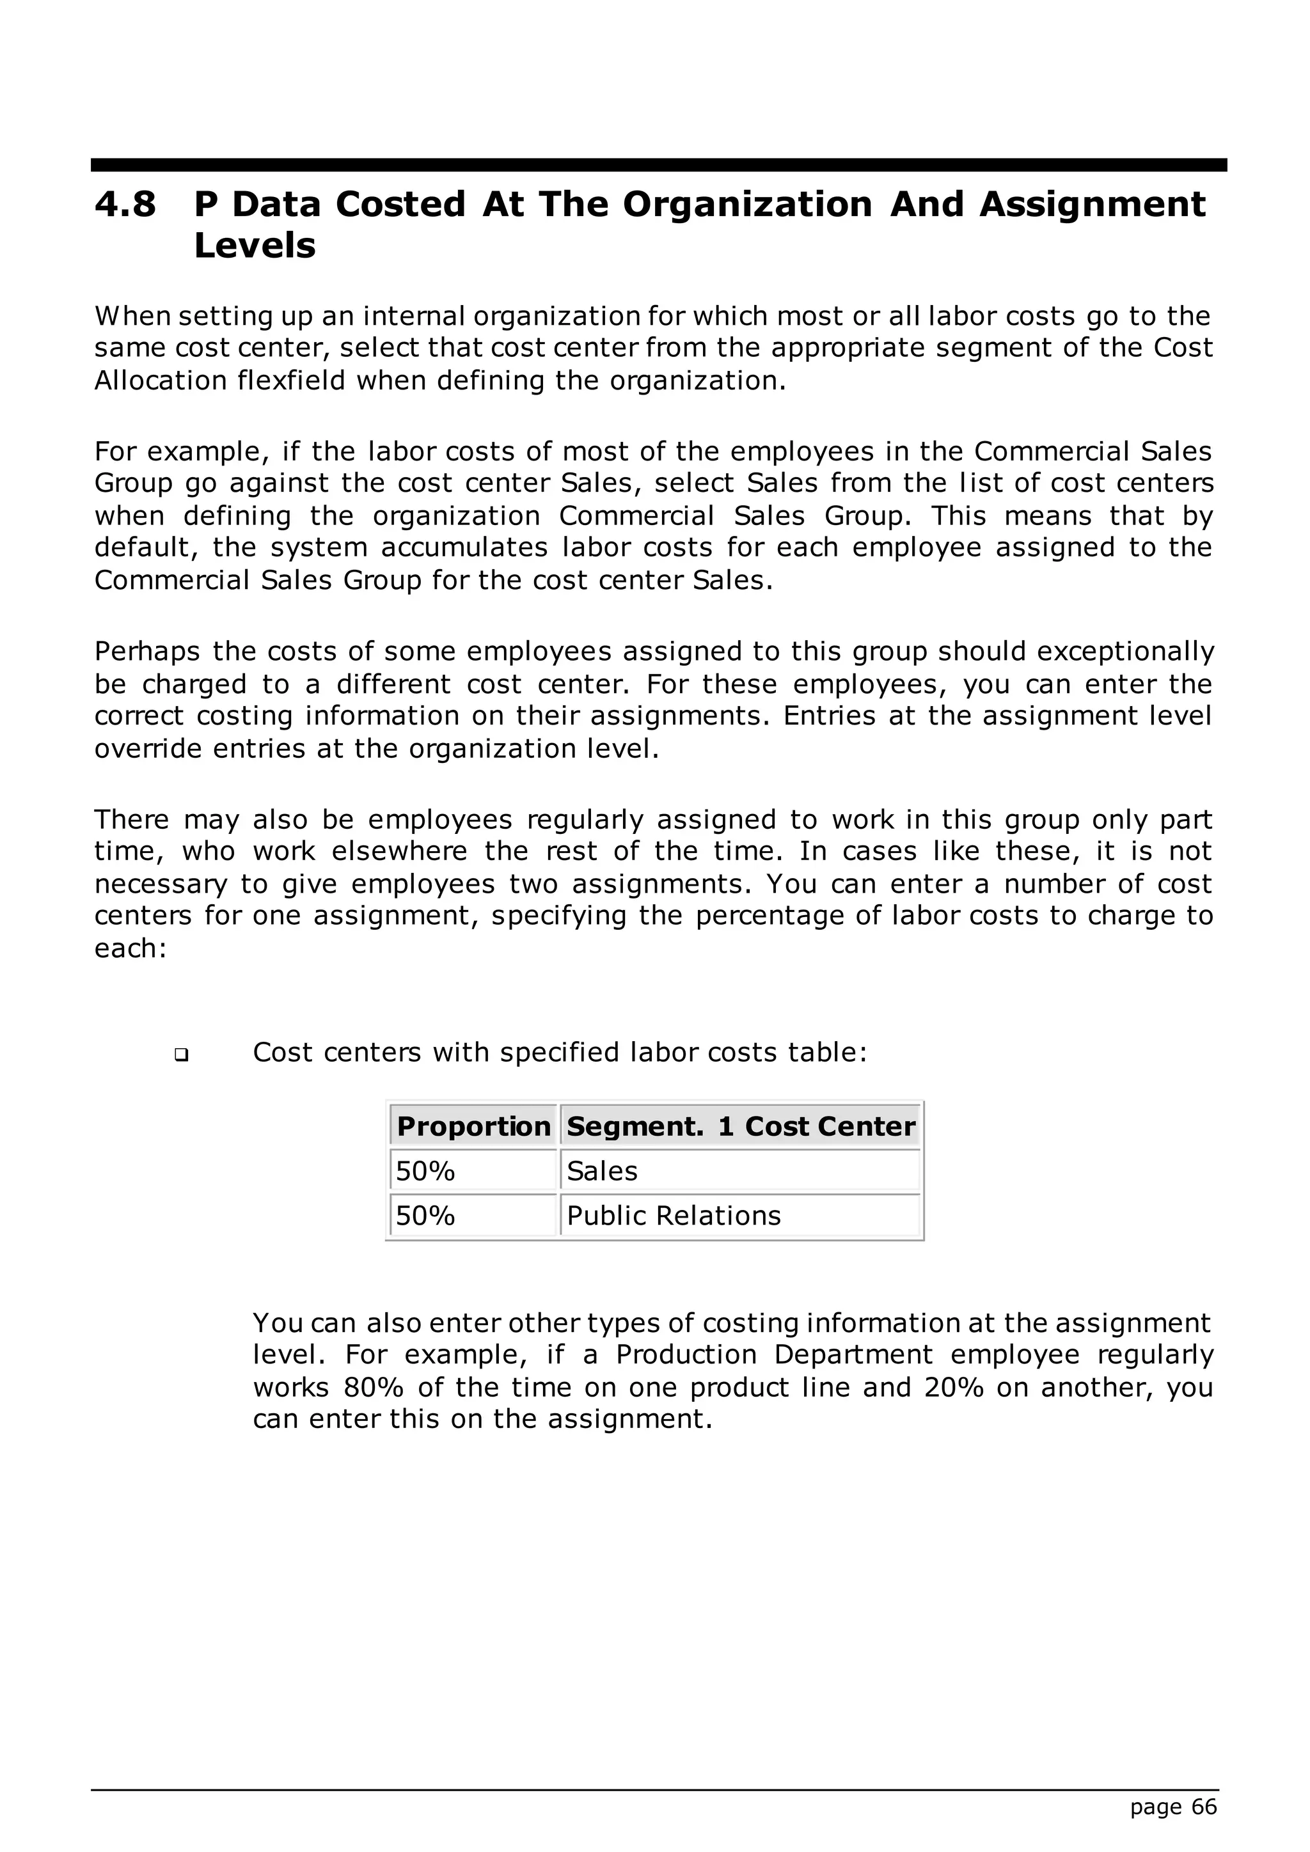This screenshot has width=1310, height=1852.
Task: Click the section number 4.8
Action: point(125,204)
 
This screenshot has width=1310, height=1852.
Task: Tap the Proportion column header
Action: point(473,1126)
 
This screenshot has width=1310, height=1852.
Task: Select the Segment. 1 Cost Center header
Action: point(741,1126)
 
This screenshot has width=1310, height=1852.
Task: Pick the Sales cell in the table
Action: point(602,1170)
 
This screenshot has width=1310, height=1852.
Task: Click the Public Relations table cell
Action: point(674,1215)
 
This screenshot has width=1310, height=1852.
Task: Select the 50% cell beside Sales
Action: point(426,1170)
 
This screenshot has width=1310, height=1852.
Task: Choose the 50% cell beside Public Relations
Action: point(426,1215)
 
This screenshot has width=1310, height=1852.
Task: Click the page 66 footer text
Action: point(1173,1807)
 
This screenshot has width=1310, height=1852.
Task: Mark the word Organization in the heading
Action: point(747,204)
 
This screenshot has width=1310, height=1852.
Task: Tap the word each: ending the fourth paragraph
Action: point(130,948)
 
